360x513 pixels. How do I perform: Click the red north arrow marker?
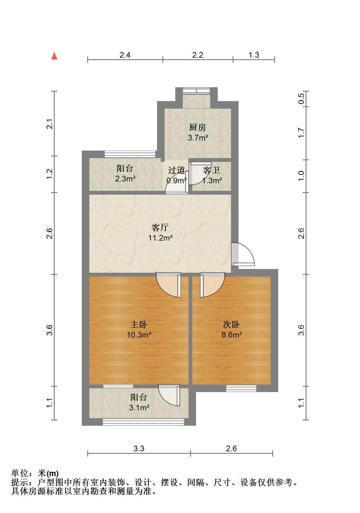54,56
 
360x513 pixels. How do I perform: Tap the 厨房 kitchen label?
197,127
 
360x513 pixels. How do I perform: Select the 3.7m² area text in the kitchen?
198,138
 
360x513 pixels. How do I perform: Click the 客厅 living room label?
160,227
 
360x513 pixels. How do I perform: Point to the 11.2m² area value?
160,238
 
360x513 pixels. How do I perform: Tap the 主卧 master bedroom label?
139,324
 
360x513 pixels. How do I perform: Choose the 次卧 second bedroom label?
231,324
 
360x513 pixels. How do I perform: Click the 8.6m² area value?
232,335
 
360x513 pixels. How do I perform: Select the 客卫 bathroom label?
211,170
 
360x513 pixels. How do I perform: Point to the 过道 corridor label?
177,170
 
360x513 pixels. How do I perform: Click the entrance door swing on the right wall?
243,254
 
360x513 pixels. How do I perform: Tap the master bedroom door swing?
168,285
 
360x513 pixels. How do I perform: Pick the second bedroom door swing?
213,285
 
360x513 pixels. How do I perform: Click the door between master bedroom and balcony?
169,395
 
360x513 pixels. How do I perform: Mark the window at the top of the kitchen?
196,91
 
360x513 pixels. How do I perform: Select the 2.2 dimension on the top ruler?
198,55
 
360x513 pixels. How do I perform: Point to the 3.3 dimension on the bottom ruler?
139,448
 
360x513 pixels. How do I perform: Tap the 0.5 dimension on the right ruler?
301,99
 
